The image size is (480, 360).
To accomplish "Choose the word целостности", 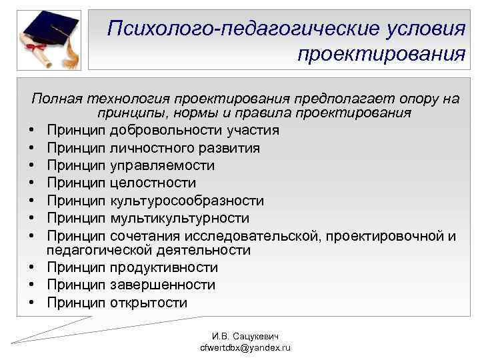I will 153,182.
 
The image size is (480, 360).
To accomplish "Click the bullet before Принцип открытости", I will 32,303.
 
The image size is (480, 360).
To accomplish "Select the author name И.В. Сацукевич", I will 240,337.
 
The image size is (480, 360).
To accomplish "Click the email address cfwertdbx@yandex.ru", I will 240,348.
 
